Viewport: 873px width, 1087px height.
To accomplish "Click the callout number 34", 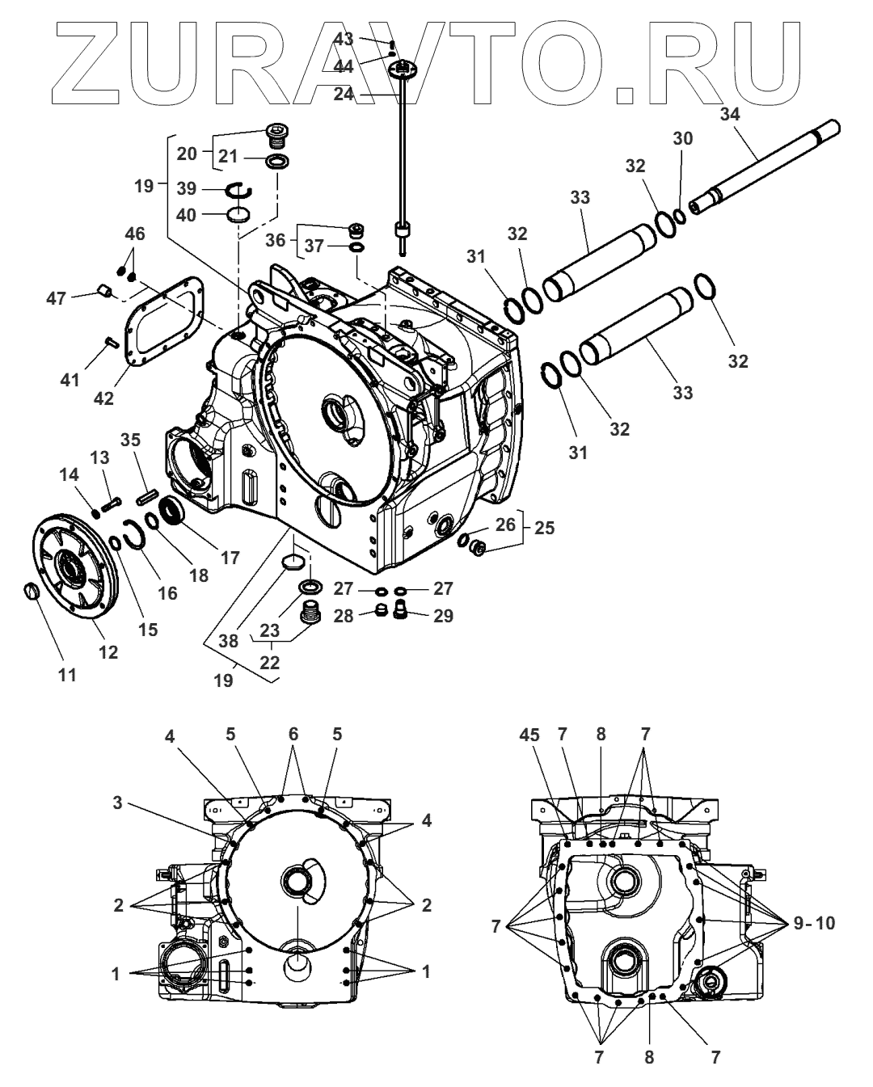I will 729,115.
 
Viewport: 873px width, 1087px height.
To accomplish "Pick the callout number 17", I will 230,557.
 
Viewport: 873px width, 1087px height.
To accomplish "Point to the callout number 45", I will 530,735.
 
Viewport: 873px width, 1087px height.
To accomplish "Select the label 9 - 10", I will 813,923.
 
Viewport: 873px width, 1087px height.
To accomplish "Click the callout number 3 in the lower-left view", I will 120,803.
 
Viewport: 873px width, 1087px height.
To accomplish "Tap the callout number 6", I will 293,734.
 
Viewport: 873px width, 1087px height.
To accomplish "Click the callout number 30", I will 683,139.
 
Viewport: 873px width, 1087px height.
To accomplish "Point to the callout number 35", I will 131,440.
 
